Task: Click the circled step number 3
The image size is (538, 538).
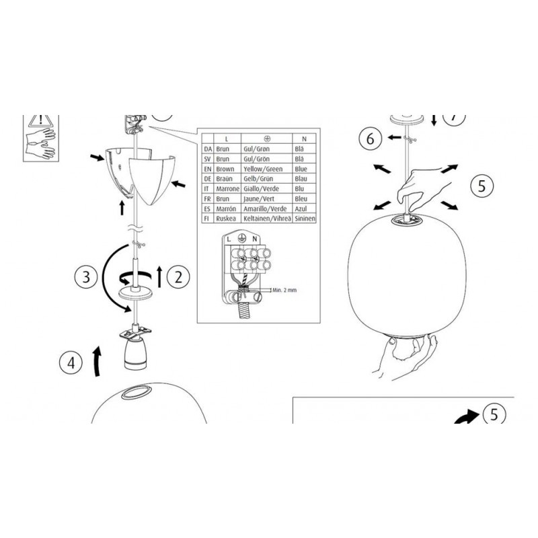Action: (86, 276)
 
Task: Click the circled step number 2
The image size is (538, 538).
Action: (178, 276)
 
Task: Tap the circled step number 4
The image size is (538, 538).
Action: (71, 362)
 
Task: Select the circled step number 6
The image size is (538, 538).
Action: (371, 139)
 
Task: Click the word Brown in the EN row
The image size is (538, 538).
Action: (225, 169)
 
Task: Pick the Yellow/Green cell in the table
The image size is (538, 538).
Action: (263, 169)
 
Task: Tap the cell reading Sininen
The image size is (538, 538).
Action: (305, 218)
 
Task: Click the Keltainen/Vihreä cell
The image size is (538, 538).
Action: (267, 218)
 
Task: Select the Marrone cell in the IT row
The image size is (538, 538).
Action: (227, 189)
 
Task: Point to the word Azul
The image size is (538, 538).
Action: (301, 208)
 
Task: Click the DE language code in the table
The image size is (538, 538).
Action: (208, 179)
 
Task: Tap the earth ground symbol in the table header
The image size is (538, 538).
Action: (267, 139)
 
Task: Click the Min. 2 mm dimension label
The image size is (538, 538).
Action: (284, 290)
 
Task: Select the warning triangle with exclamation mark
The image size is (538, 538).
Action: (41, 120)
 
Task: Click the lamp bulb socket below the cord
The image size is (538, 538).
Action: (135, 352)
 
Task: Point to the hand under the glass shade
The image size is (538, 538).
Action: (405, 357)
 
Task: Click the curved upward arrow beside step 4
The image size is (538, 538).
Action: (98, 361)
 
